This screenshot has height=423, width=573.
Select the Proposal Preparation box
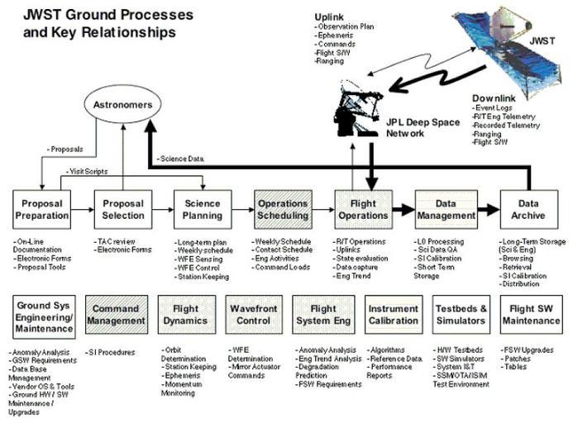[x=41, y=209]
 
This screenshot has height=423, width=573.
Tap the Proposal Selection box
[x=122, y=209]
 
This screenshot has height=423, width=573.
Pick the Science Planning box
[x=203, y=209]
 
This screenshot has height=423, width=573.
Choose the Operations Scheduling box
[x=283, y=209]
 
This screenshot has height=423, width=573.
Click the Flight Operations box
[x=363, y=209]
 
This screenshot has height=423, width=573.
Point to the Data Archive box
[x=528, y=209]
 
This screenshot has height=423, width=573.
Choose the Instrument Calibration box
[x=393, y=315]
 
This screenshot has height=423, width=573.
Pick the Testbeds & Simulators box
[x=461, y=315]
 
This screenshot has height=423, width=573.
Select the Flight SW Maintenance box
[x=529, y=315]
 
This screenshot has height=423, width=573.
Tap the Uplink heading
[x=330, y=17]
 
